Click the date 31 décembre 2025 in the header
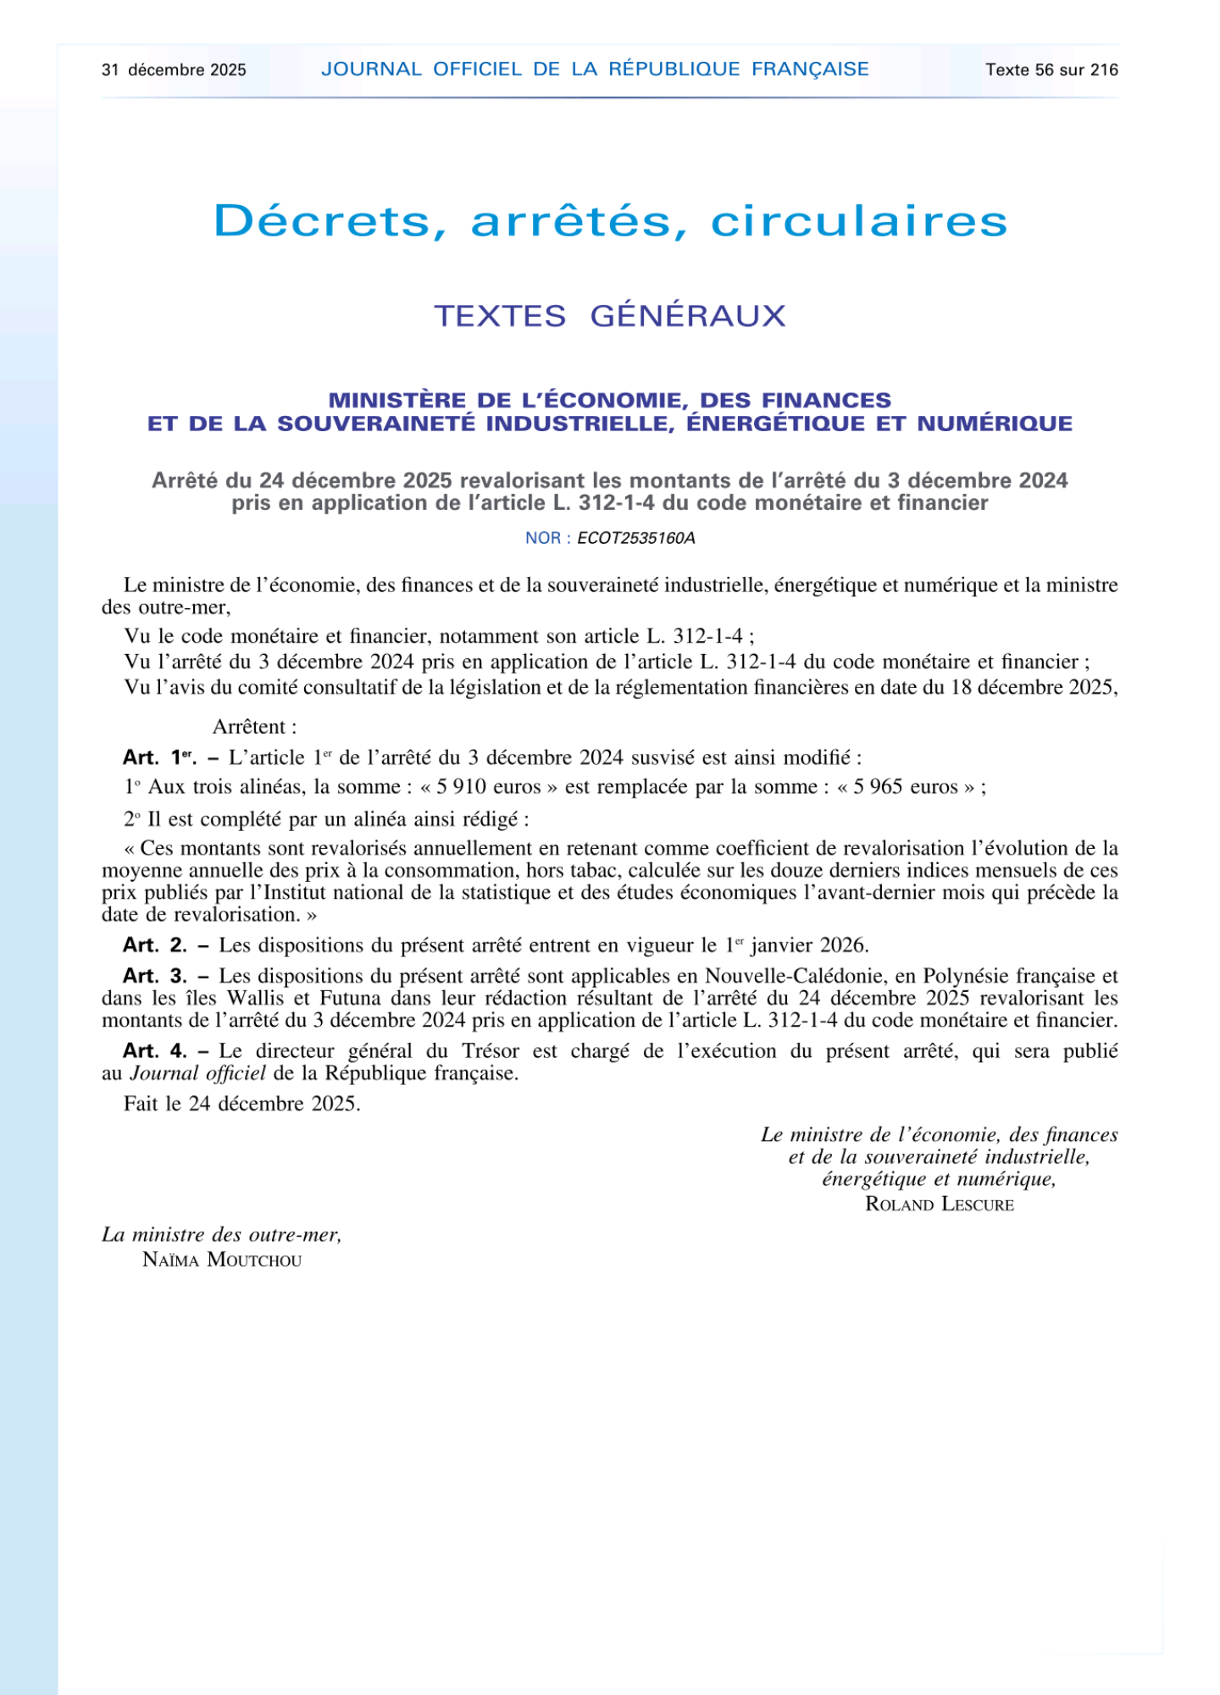(174, 70)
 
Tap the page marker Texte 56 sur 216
(1051, 70)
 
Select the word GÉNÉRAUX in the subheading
(688, 316)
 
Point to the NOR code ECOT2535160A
(635, 539)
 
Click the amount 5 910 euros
(488, 787)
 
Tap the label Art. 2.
(155, 945)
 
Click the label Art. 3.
(155, 976)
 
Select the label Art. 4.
(155, 1051)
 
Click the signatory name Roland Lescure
(939, 1205)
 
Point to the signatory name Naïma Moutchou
(222, 1260)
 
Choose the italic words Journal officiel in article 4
(197, 1074)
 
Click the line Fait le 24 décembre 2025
(242, 1104)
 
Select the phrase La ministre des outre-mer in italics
(221, 1235)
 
